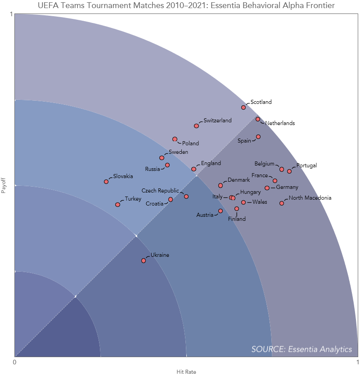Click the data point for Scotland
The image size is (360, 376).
(243, 107)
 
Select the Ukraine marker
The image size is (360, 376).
(144, 261)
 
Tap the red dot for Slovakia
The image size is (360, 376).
(106, 182)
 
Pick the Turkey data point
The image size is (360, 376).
(117, 205)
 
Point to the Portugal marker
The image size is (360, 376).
(289, 171)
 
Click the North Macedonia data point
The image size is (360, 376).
(282, 203)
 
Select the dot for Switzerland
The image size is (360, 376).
(196, 126)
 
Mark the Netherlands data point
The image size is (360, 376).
(258, 119)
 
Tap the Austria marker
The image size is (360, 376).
(220, 211)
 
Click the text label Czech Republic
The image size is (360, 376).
(160, 191)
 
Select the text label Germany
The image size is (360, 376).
(287, 187)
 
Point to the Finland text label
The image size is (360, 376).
(237, 219)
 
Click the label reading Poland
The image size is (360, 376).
(190, 143)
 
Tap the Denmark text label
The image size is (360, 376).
(239, 180)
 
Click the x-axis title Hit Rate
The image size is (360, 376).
(186, 372)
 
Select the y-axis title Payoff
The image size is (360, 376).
(3, 185)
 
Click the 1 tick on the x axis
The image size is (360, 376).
(357, 362)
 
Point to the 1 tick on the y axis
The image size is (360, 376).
(11, 14)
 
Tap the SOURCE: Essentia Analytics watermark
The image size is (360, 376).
(301, 349)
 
